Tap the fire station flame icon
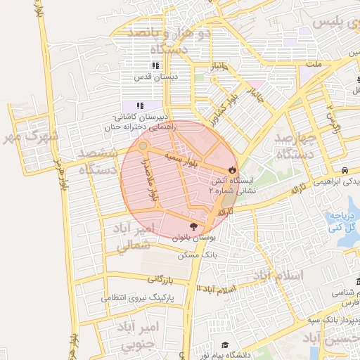pyautogui.click(x=231, y=169)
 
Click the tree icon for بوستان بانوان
pyautogui.click(x=193, y=226)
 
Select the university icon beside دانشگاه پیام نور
pyautogui.click(x=224, y=345)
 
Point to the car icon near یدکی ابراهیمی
pyautogui.click(x=345, y=170)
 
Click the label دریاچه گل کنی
pyautogui.click(x=343, y=221)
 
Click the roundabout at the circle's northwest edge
pyautogui.click(x=143, y=146)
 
